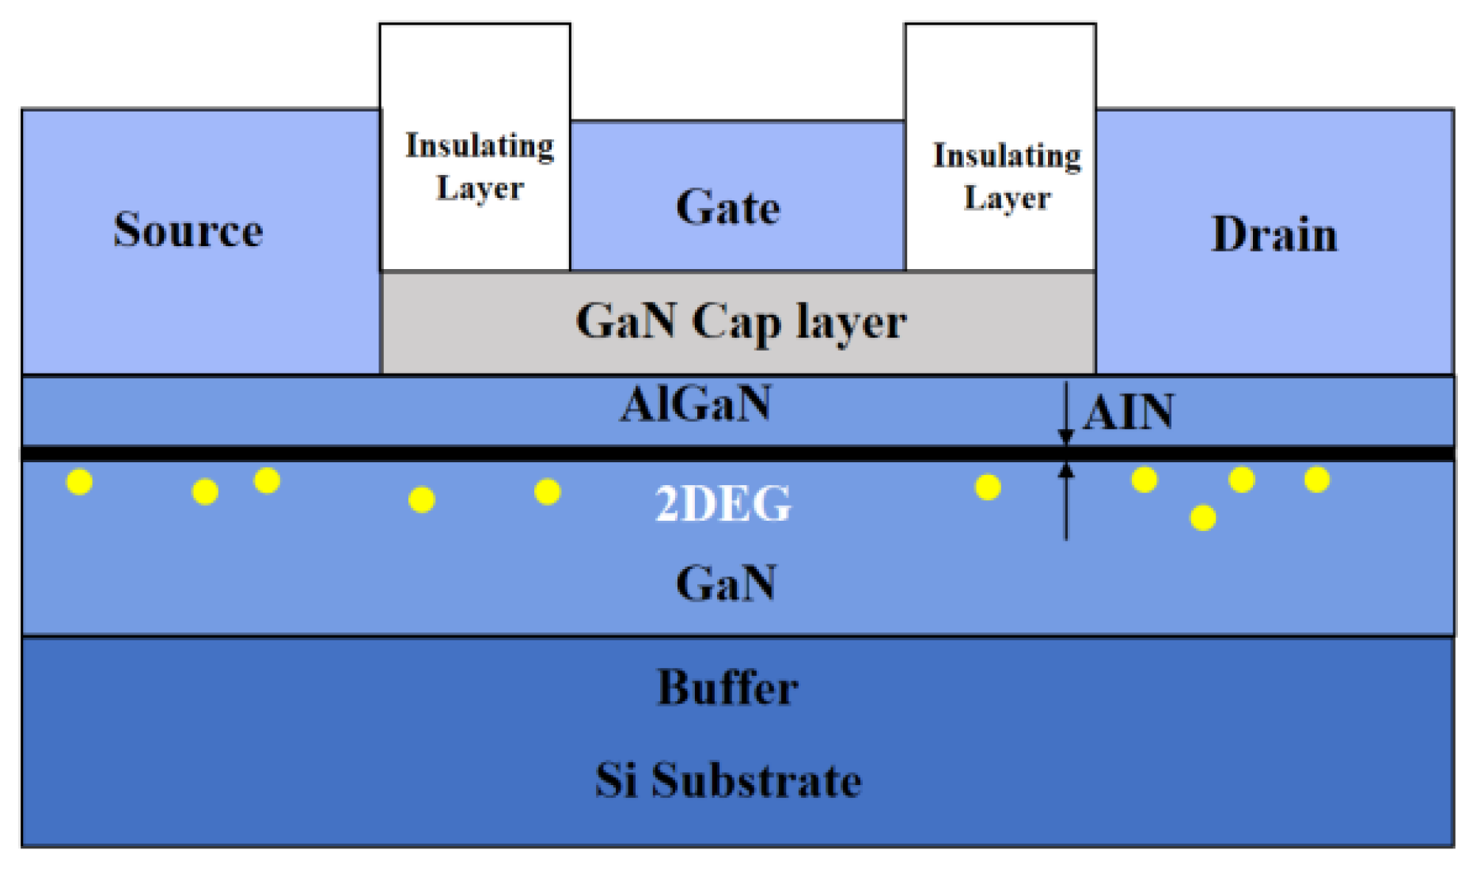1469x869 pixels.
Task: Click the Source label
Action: pos(188,230)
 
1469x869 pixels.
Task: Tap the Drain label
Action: pos(1274,235)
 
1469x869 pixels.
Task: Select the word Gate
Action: pos(727,208)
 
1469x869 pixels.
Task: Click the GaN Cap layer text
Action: pos(740,322)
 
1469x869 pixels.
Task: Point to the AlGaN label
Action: pos(695,404)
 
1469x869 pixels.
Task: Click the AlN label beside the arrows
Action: pos(1128,412)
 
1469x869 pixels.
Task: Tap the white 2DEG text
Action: pos(723,503)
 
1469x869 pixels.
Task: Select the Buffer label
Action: pos(727,687)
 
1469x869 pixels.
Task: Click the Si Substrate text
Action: pos(727,780)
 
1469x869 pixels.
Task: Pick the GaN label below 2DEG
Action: pos(726,583)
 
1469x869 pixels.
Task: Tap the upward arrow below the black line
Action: pos(1066,499)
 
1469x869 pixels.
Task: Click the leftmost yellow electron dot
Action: pos(79,482)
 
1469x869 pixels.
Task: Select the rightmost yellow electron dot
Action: pos(1317,480)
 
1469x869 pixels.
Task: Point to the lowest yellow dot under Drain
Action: pos(1203,518)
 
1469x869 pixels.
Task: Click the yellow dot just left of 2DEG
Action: pos(548,492)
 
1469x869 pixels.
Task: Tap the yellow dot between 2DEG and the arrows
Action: pos(988,488)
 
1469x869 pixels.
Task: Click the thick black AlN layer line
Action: pos(554,453)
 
